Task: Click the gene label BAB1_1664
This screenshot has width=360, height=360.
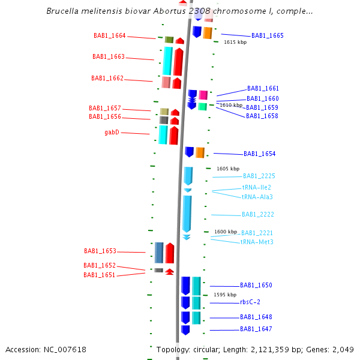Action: pos(110,35)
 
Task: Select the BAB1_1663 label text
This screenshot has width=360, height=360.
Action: pos(109,57)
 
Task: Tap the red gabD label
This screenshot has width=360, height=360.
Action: pos(112,133)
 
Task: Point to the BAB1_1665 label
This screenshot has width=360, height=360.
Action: pos(267,35)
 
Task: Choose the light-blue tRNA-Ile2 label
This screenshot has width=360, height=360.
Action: pos(257,187)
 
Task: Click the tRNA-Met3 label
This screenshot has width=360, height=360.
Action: pos(257,242)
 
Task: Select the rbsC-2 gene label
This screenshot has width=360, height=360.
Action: pos(250,302)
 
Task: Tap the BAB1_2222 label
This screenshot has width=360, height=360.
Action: pos(257,214)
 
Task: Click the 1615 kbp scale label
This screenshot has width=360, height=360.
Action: pos(235,43)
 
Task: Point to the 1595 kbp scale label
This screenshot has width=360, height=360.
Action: pos(225,295)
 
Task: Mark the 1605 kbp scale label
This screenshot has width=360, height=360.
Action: pos(228,169)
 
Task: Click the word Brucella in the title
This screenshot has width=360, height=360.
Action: pos(62,11)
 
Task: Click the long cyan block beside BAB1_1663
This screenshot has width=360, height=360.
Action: pos(167,61)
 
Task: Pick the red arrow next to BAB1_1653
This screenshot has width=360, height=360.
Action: pos(170,253)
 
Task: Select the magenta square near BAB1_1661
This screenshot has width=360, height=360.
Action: pos(203,95)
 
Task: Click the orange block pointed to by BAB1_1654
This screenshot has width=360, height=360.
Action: pos(200,152)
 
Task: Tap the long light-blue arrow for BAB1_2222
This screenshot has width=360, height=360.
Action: pos(187,213)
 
